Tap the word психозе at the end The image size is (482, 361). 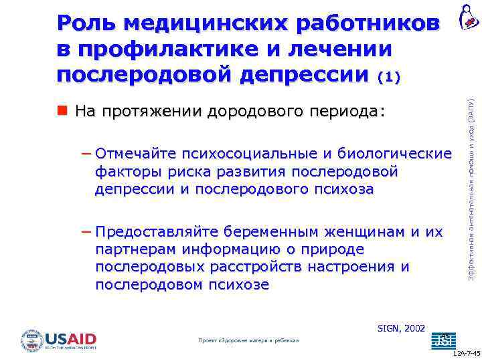point(240,285)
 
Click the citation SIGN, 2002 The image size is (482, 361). point(402,328)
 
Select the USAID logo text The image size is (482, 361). point(71,338)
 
